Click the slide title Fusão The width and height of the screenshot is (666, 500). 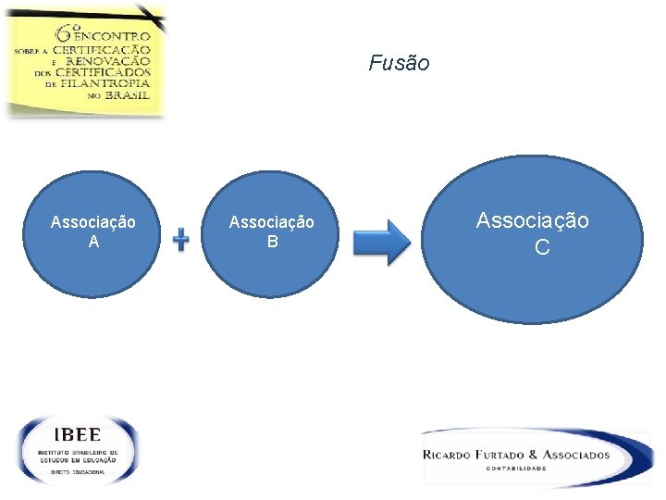pyautogui.click(x=399, y=63)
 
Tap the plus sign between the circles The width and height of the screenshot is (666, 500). pyautogui.click(x=181, y=240)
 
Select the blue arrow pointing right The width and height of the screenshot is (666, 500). pyautogui.click(x=383, y=243)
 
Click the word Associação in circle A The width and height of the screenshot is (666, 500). pyautogui.click(x=92, y=222)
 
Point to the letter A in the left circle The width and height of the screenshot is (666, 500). pyautogui.click(x=92, y=242)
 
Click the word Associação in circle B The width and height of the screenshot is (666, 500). pyautogui.click(x=271, y=222)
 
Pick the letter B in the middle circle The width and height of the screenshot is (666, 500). pyautogui.click(x=272, y=242)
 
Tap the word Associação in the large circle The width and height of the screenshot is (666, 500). pyautogui.click(x=532, y=220)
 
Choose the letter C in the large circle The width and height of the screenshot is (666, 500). pyautogui.click(x=542, y=247)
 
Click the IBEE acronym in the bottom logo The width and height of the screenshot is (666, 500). pyautogui.click(x=78, y=434)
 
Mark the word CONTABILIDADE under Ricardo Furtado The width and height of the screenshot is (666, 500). pyautogui.click(x=516, y=469)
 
